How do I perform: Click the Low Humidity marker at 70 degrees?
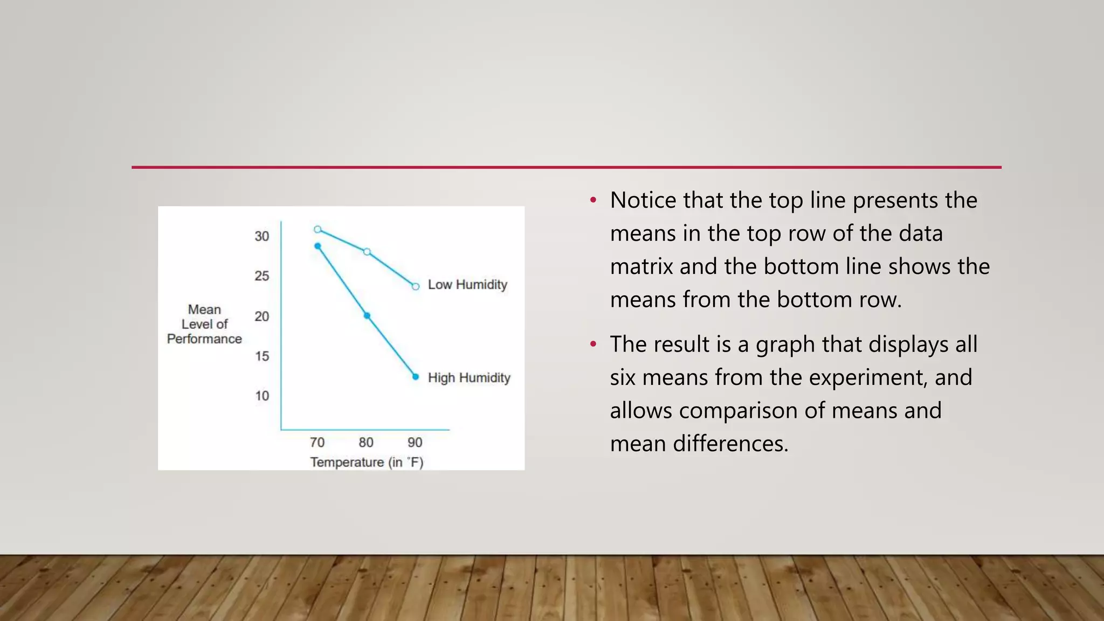coord(318,230)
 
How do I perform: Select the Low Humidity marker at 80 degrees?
coord(367,252)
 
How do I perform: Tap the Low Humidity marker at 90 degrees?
coord(416,286)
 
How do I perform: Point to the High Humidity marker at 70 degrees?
coord(318,246)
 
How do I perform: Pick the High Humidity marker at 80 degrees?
coord(367,315)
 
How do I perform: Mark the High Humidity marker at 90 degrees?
coord(416,377)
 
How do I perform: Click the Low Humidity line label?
coord(467,285)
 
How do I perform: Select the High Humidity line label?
coord(469,378)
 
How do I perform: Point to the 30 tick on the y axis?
coord(262,236)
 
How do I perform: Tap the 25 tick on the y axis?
coord(262,276)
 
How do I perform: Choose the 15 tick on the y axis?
coord(262,356)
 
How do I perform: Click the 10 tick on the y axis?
coord(262,396)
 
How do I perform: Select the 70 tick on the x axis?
coord(317,443)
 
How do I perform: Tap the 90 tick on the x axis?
coord(415,443)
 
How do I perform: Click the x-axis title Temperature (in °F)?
coord(367,463)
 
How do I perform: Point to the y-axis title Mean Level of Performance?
coord(204,324)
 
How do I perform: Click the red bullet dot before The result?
coord(594,344)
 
